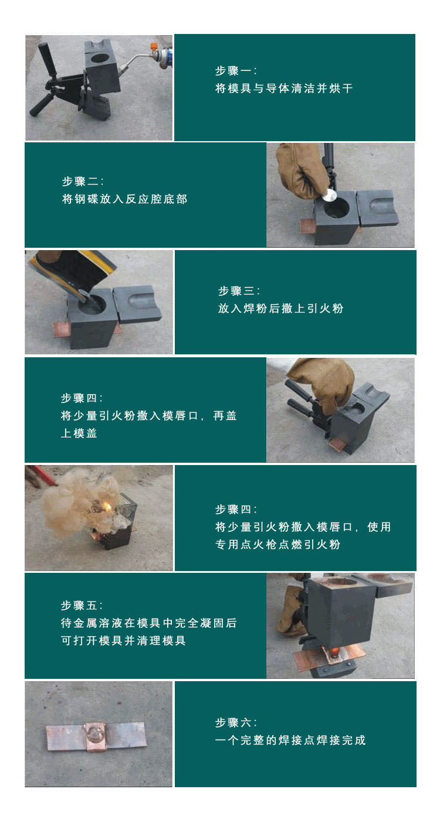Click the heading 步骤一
(235, 71)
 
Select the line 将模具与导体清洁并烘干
(284, 89)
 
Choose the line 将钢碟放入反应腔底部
(124, 199)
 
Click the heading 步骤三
(239, 291)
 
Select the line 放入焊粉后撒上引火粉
(280, 308)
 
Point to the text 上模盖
(79, 433)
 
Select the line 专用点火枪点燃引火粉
(277, 545)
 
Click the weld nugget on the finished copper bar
(94, 732)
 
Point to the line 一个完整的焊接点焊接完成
(290, 740)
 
